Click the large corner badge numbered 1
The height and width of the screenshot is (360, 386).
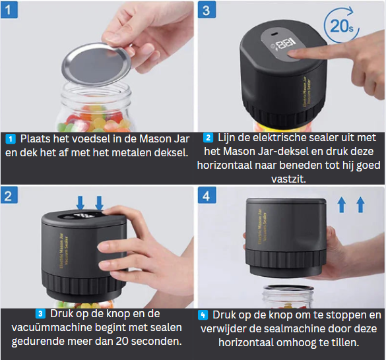tap(11, 11)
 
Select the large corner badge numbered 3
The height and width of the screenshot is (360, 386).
tap(207, 11)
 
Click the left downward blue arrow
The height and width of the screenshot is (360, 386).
tap(80, 202)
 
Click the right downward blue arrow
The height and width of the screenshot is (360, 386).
tap(99, 202)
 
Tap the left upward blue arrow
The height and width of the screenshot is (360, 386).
tap(341, 205)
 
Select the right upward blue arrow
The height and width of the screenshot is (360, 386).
tap(360, 205)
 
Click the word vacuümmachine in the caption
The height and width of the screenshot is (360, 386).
tap(53, 328)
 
